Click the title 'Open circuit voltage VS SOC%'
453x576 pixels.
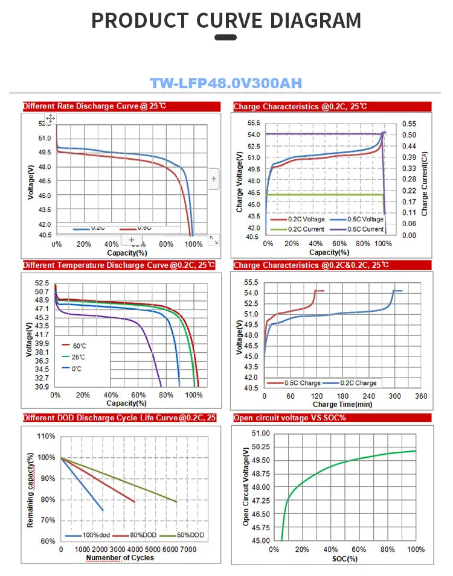click(x=289, y=418)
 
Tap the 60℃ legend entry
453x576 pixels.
click(x=79, y=345)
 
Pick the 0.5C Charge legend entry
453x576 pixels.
click(x=302, y=383)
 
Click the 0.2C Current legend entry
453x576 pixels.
click(x=306, y=229)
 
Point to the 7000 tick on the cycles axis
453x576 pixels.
click(x=188, y=550)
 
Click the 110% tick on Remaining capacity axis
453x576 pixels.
click(x=47, y=436)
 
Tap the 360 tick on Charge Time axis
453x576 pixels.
click(x=421, y=396)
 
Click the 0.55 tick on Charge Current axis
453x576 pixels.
click(x=409, y=123)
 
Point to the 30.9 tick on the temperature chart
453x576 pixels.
click(x=42, y=387)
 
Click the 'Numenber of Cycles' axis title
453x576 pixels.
click(x=120, y=558)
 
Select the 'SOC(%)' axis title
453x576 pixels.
click(x=344, y=559)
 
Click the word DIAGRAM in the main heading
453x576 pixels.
click(x=315, y=21)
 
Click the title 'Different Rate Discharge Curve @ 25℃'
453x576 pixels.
click(x=95, y=106)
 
